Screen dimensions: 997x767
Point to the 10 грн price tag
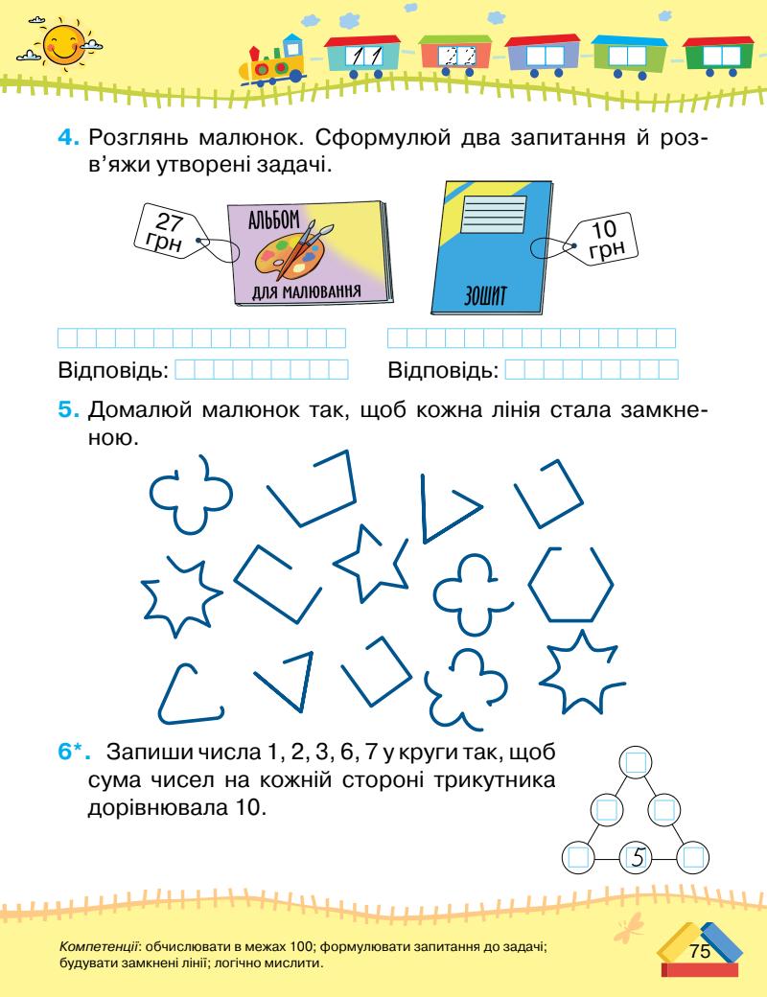click(x=603, y=237)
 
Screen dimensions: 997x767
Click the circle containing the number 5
click(x=635, y=855)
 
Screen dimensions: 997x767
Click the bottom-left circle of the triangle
click(x=577, y=855)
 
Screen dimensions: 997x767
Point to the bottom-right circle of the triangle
click(x=692, y=855)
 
